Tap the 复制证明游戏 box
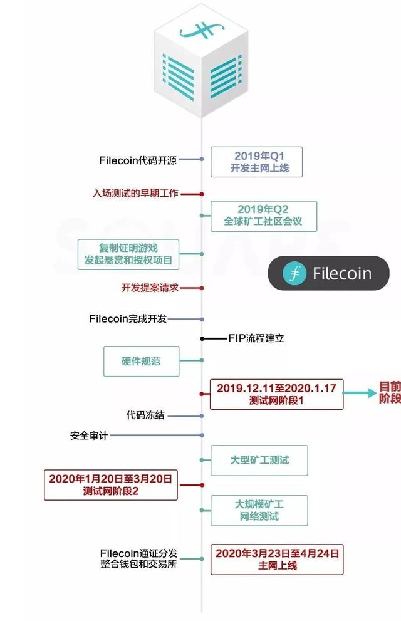pyautogui.click(x=129, y=254)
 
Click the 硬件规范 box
pyautogui.click(x=141, y=361)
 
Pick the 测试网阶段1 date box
pyautogui.click(x=276, y=394)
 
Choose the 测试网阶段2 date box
pyautogui.click(x=110, y=485)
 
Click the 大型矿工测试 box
pyautogui.click(x=259, y=460)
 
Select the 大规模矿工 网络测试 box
pyautogui.click(x=259, y=510)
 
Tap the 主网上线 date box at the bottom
pyautogui.click(x=276, y=559)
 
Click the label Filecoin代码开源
pyautogui.click(x=138, y=160)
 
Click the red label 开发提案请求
pyautogui.click(x=150, y=288)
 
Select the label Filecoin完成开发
pyautogui.click(x=128, y=319)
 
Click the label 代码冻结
pyautogui.click(x=145, y=415)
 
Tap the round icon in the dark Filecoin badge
pyautogui.click(x=294, y=273)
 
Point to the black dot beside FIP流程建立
pyautogui.click(x=202, y=338)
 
